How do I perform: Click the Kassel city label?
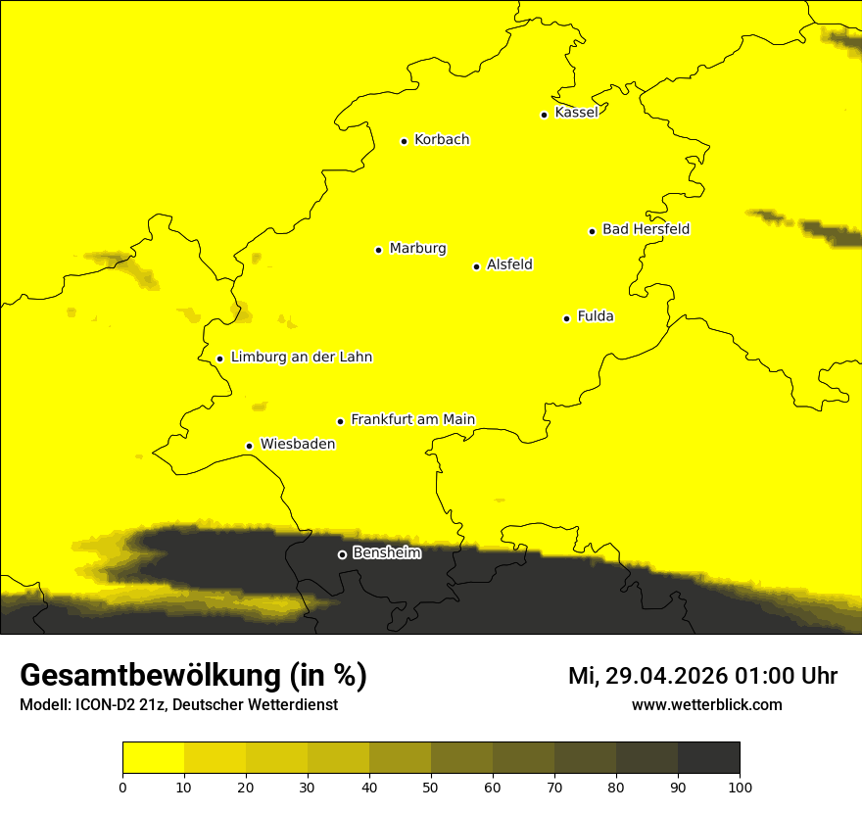576,113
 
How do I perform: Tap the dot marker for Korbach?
404,141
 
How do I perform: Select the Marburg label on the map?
417,249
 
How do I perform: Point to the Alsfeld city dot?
477,266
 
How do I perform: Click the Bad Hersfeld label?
646,229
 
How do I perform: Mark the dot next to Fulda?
566,318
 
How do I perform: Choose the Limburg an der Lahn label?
301,358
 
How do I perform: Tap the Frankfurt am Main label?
412,420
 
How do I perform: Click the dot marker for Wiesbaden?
250,447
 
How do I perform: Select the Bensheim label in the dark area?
386,553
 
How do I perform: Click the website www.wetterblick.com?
706,704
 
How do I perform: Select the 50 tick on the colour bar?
431,786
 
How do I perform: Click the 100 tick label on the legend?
740,786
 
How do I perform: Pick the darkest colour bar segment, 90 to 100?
708,757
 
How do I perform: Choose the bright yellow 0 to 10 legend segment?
154,757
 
